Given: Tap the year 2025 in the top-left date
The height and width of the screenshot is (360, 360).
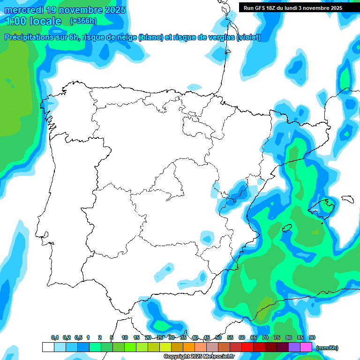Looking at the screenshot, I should (112, 10).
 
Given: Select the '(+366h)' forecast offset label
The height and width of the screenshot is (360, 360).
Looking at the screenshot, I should (83, 21).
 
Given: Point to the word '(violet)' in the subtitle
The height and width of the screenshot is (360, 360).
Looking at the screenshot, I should (248, 37).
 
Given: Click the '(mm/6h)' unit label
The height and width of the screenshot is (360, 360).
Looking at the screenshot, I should (327, 348).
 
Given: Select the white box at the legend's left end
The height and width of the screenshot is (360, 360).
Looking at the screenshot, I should (48, 347).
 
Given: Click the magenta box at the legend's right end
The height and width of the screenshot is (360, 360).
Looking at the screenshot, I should (306, 347).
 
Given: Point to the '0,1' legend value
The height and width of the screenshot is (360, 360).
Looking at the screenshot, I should (55, 337).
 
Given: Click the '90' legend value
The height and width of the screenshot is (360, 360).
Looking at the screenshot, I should (312, 337).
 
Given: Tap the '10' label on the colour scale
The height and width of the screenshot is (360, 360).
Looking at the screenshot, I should (125, 337).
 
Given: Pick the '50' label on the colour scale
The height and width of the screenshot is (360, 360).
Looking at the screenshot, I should (218, 337).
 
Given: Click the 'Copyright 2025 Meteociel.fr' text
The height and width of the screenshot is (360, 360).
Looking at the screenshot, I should (199, 356).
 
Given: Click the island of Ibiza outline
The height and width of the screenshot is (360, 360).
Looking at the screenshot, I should (287, 228).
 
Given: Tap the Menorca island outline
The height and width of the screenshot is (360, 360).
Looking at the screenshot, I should (347, 199).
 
